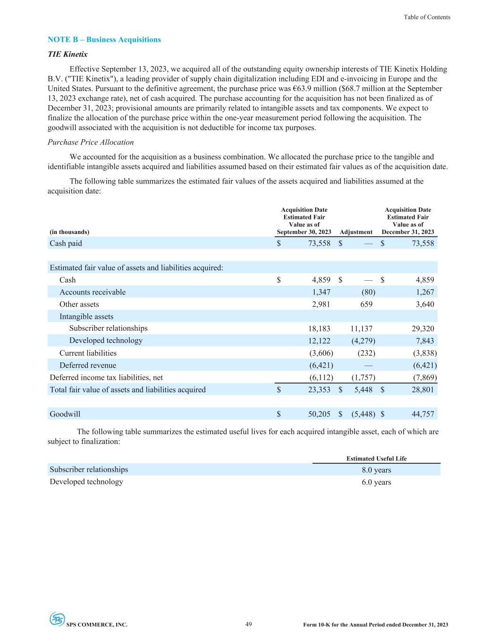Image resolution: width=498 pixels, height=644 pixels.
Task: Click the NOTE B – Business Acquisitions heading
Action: click(x=104, y=40)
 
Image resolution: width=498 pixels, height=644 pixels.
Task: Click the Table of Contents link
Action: click(x=427, y=17)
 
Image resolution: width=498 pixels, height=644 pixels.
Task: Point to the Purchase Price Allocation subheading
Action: click(x=91, y=142)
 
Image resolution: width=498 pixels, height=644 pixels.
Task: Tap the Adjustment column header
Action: click(x=356, y=232)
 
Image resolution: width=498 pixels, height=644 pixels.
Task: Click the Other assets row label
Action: click(x=79, y=304)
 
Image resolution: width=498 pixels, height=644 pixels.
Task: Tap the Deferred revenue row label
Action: click(x=87, y=365)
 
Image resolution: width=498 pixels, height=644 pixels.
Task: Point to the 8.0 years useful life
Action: click(x=376, y=470)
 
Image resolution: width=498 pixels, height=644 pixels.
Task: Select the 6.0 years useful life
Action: click(x=376, y=482)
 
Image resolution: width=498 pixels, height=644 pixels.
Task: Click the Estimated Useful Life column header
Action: click(x=376, y=459)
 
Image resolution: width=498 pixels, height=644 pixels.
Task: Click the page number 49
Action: click(x=249, y=624)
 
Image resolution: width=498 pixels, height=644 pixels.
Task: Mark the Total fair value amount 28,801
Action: click(x=423, y=390)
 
